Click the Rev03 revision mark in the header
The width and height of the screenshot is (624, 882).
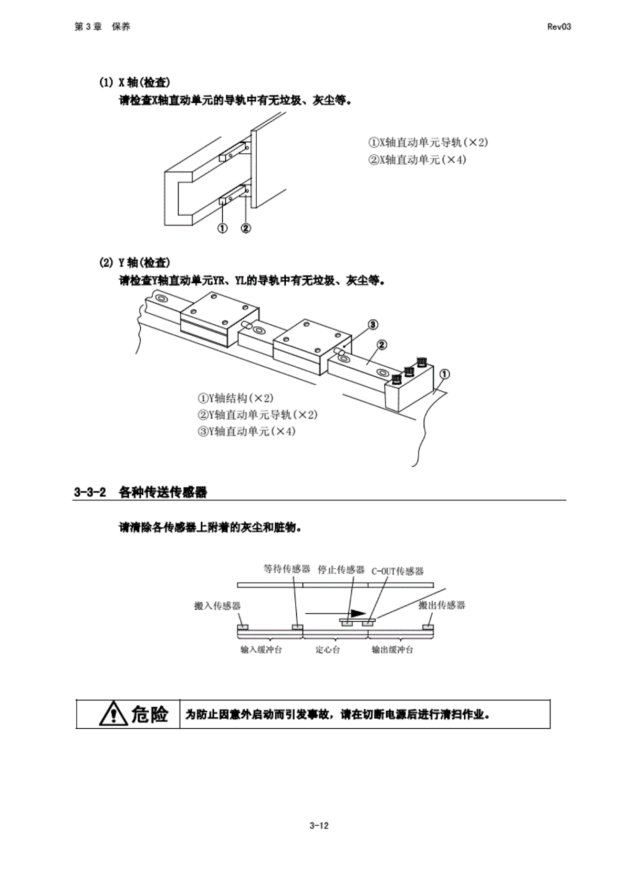coord(558,27)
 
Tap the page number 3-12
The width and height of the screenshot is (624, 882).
coord(319,825)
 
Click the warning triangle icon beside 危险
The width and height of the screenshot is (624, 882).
coord(113,715)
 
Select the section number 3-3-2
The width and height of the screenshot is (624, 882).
coord(90,492)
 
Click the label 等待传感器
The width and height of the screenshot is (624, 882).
coord(287,569)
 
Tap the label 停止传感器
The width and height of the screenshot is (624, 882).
coord(341,569)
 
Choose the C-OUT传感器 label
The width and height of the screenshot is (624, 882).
coord(398,571)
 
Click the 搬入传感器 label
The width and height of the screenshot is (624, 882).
coord(217,606)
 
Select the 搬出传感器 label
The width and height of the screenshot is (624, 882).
coord(442,605)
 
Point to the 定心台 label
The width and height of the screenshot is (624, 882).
coord(327,650)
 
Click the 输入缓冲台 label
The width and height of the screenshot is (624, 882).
coord(261,650)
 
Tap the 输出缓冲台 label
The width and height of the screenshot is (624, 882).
coord(392,650)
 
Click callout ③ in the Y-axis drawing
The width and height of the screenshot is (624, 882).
coord(372,324)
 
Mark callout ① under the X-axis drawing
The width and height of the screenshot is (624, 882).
coord(223,228)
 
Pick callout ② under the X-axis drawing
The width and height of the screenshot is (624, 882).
coord(245,228)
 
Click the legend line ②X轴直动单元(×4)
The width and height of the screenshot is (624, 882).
coord(417,160)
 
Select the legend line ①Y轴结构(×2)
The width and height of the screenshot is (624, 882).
coord(235,398)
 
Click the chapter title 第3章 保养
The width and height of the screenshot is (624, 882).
coord(102,27)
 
